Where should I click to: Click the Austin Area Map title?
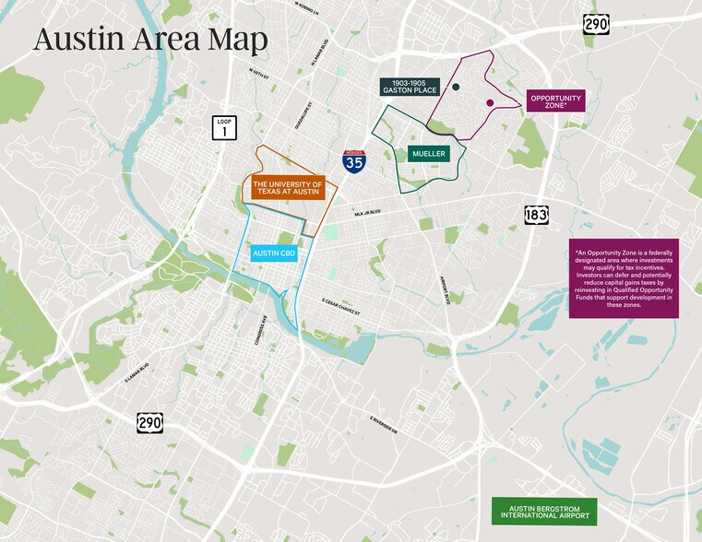pyautogui.click(x=150, y=40)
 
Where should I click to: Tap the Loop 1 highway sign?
pyautogui.click(x=223, y=127)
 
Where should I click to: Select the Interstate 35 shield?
pyautogui.click(x=353, y=161)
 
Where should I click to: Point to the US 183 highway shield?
pyautogui.click(x=535, y=214)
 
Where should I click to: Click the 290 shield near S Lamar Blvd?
pyautogui.click(x=150, y=422)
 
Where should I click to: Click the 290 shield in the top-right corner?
pyautogui.click(x=596, y=23)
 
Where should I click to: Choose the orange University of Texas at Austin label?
pyautogui.click(x=288, y=190)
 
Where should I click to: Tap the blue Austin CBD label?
pyautogui.click(x=274, y=251)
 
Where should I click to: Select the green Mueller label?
pyautogui.click(x=429, y=154)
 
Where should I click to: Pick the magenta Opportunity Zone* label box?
pyautogui.click(x=555, y=101)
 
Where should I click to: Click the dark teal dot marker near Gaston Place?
pyautogui.click(x=456, y=87)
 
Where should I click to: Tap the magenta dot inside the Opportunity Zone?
pyautogui.click(x=490, y=102)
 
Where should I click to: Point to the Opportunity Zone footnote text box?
pyautogui.click(x=625, y=280)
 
